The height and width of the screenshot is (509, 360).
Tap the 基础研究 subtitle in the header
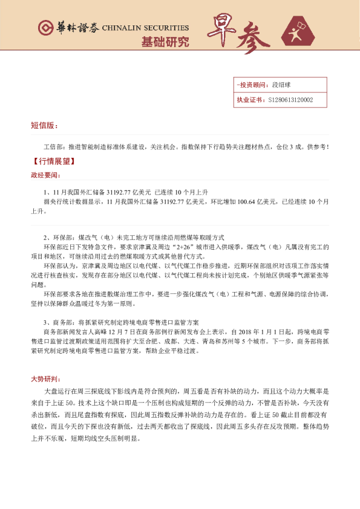(x=165, y=42)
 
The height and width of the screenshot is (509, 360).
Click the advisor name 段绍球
(x=282, y=86)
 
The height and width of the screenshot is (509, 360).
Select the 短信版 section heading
(x=44, y=126)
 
